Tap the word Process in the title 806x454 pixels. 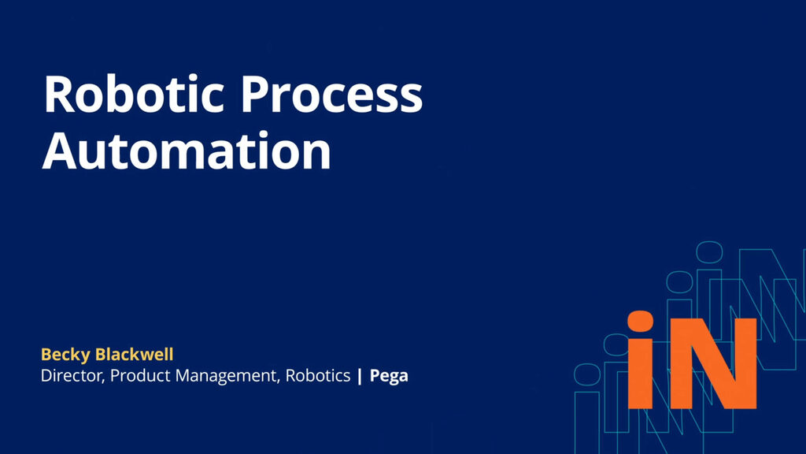coord(331,96)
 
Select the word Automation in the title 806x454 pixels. coord(187,151)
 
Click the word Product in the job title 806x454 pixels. coord(138,376)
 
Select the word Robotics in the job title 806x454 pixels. coord(317,376)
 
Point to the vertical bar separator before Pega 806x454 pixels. coord(360,377)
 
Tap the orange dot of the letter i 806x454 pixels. coord(641,323)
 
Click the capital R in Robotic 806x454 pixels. coord(60,96)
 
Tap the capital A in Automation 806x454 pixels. coord(61,151)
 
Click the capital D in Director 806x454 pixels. coord(46,376)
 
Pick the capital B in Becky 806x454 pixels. coord(45,355)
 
